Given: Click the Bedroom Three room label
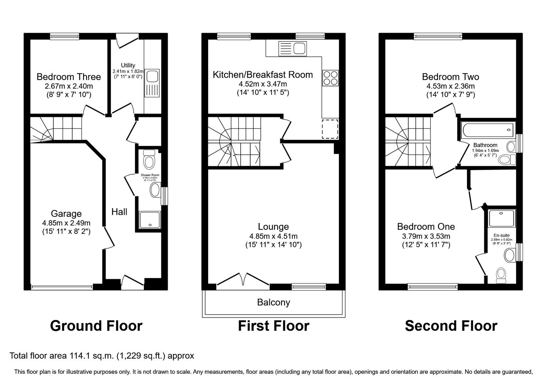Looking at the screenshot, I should pos(68,77).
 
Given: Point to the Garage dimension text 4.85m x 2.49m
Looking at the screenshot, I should pos(66,223).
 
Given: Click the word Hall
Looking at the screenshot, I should pos(119,212).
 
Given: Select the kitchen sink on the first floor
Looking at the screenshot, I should pos(293,48).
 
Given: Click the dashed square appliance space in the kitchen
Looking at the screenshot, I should pos(330,129).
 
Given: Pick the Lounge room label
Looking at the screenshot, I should pos(273,226).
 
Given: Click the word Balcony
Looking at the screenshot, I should pos(273,302).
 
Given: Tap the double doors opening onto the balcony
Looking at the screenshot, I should pos(243,279).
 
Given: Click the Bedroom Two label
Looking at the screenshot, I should pos(450,77).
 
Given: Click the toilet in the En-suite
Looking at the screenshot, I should pos(501,275).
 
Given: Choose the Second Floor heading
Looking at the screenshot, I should pos(451,326).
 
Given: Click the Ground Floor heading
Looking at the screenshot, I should pos(96,326).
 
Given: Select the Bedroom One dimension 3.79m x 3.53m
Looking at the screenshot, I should pos(426,236).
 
